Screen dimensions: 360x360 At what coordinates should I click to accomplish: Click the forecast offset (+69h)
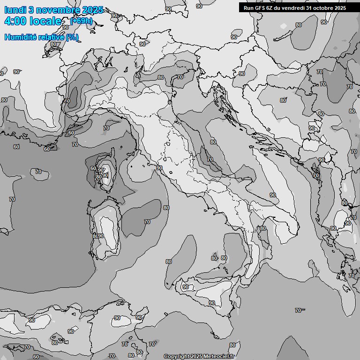pos(81,21)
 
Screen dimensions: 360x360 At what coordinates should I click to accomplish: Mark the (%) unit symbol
pos(72,37)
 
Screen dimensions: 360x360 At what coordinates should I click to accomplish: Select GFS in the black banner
pos(260,8)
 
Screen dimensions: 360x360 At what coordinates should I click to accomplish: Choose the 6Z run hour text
pos(270,8)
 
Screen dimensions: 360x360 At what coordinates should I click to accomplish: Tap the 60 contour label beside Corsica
pos(93,169)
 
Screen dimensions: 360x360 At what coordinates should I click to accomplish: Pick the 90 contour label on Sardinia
pos(100,236)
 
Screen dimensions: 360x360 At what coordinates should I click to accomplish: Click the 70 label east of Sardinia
pos(147,222)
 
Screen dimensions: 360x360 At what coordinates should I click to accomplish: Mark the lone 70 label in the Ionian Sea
pos(298,310)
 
